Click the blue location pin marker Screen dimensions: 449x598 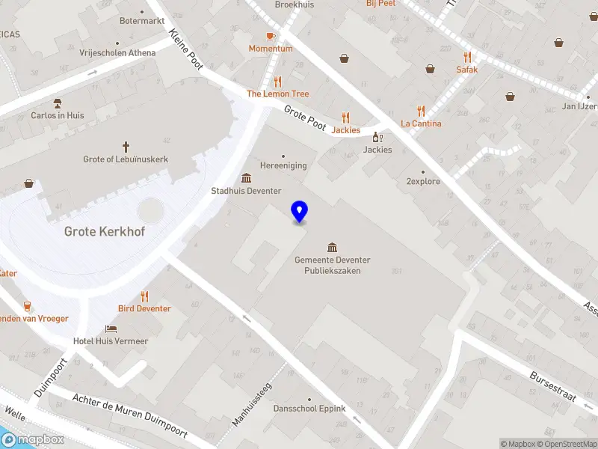300,211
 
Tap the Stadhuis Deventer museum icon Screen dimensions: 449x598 246,178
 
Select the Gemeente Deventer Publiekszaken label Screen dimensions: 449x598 333,265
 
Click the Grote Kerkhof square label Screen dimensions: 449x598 105,232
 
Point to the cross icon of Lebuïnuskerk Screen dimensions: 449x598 126,147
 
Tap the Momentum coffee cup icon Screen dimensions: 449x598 271,36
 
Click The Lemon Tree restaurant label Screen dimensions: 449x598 278,94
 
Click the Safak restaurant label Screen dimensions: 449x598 467,70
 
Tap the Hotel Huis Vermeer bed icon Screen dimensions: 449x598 111,329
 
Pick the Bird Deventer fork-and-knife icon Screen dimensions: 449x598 144,296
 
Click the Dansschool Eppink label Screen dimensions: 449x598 309,409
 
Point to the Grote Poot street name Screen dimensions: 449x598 305,117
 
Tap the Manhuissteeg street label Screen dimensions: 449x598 252,405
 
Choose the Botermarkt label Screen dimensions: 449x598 142,21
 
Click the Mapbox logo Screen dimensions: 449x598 33,440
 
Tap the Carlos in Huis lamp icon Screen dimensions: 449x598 57,103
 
